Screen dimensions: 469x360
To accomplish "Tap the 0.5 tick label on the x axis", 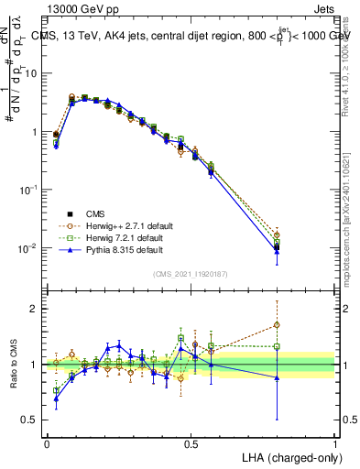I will coord(191,443).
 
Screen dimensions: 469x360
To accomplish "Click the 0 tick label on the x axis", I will coord(47,443).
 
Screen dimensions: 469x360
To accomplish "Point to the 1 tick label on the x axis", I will coord(335,443).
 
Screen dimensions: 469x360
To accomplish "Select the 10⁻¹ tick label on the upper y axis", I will coord(28,190).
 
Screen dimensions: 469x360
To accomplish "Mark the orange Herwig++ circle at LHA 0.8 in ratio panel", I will coord(277,324).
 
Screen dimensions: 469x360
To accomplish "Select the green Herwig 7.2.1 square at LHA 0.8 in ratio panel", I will coord(277,346).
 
